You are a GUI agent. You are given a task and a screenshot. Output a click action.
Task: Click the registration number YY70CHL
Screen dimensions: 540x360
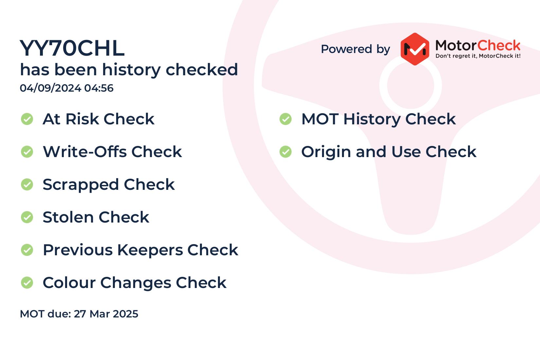72,48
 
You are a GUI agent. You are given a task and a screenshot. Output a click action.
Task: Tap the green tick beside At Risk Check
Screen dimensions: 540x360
27,119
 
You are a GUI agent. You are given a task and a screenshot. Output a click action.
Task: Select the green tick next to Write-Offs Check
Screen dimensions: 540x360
27,152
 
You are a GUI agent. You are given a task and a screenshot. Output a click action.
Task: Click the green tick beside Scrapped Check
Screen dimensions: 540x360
27,185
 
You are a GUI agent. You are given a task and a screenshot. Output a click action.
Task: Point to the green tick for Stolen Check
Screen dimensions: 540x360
27,217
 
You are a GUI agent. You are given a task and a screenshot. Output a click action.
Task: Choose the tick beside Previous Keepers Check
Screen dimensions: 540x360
27,250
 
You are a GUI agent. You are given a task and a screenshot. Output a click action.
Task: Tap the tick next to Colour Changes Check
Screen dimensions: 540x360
27,282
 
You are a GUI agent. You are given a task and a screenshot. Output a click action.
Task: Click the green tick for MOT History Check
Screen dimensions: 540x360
286,119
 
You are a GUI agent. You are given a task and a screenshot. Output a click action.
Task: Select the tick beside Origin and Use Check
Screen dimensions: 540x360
286,152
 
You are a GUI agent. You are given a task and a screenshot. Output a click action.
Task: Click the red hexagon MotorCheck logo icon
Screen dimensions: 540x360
415,49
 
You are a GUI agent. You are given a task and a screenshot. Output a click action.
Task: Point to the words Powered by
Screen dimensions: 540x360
355,49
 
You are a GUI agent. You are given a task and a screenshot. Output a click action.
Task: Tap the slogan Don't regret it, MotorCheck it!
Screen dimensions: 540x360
478,56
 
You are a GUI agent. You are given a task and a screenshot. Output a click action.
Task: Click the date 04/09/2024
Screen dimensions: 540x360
50,88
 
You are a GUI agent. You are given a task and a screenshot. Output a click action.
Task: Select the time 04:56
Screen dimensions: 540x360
99,88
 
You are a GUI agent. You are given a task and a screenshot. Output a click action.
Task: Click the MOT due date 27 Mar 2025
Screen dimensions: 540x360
106,314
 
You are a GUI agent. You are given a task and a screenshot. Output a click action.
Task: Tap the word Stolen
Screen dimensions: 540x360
68,217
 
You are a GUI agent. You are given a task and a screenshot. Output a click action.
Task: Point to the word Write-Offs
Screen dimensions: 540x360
85,152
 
